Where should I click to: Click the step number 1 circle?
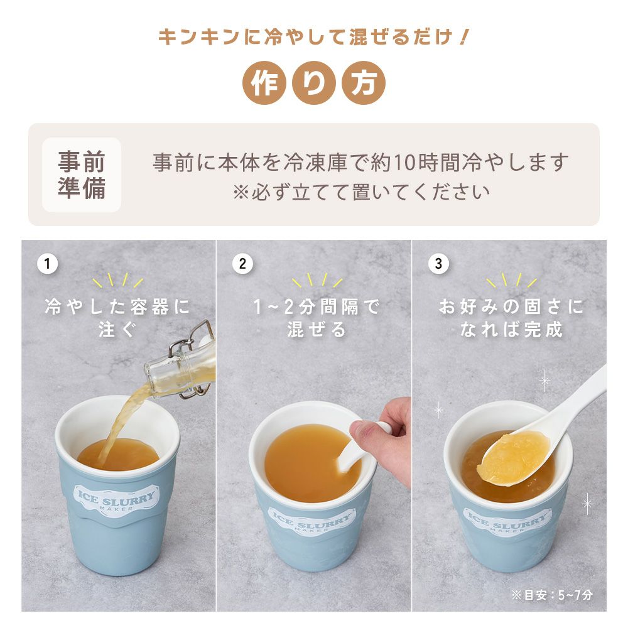(x=48, y=264)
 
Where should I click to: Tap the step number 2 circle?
(x=242, y=264)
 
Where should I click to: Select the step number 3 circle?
(x=438, y=264)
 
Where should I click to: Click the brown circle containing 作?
(x=264, y=83)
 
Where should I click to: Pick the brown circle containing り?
(x=313, y=83)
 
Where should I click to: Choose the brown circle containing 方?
(x=363, y=83)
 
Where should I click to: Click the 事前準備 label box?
(x=82, y=175)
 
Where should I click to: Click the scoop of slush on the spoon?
(x=512, y=457)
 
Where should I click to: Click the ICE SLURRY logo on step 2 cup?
(x=311, y=521)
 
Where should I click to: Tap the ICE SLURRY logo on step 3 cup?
(x=507, y=521)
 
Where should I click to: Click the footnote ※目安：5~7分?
(x=552, y=595)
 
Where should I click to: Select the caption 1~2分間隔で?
(x=317, y=307)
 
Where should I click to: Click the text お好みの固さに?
(x=511, y=307)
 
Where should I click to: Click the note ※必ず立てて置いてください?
(x=361, y=192)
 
